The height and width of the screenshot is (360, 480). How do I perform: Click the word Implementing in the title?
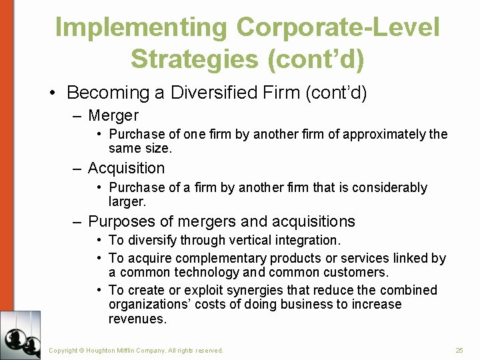click(141, 28)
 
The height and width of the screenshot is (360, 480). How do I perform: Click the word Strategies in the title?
click(193, 59)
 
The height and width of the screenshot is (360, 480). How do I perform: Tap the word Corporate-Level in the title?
click(338, 28)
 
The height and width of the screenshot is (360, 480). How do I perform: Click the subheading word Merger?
click(113, 116)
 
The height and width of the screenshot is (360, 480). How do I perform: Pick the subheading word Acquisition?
click(126, 168)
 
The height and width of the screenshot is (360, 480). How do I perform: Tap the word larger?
click(127, 201)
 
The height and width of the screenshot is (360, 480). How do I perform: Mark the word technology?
click(207, 272)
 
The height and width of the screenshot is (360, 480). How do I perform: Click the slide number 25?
click(459, 350)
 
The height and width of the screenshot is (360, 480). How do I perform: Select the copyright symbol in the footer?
click(83, 350)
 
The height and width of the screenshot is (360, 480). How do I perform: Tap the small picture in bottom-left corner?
click(21, 335)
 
